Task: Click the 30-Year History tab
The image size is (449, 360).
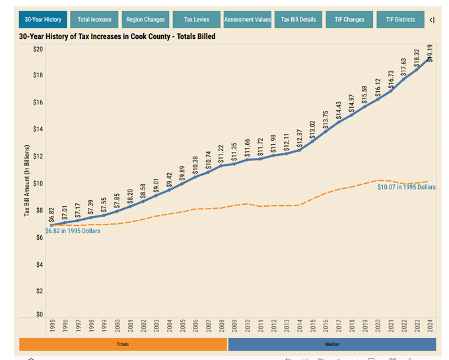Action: (x=44, y=20)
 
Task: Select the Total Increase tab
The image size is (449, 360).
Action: (x=94, y=20)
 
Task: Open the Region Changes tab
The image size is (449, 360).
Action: (x=145, y=20)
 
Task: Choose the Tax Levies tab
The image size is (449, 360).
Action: (x=197, y=20)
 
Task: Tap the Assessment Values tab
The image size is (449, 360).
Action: (x=248, y=20)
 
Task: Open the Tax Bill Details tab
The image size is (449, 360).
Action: (x=298, y=20)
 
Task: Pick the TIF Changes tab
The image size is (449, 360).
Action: (x=349, y=20)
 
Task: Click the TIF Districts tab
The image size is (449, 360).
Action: (x=400, y=20)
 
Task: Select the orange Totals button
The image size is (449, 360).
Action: (x=123, y=344)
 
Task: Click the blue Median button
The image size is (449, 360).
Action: (x=332, y=344)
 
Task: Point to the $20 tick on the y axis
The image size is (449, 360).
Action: (x=38, y=50)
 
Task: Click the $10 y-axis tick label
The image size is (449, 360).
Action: (x=38, y=184)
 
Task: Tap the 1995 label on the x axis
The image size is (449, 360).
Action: (x=52, y=327)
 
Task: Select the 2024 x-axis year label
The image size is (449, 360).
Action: (x=430, y=327)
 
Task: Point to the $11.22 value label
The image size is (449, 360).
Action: (x=222, y=153)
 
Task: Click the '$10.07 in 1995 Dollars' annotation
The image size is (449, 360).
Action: (x=406, y=188)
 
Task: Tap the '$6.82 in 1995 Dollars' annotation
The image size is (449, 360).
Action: (x=73, y=231)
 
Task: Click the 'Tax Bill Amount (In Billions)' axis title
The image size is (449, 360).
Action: (x=27, y=184)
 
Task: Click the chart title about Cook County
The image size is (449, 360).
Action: (x=118, y=36)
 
